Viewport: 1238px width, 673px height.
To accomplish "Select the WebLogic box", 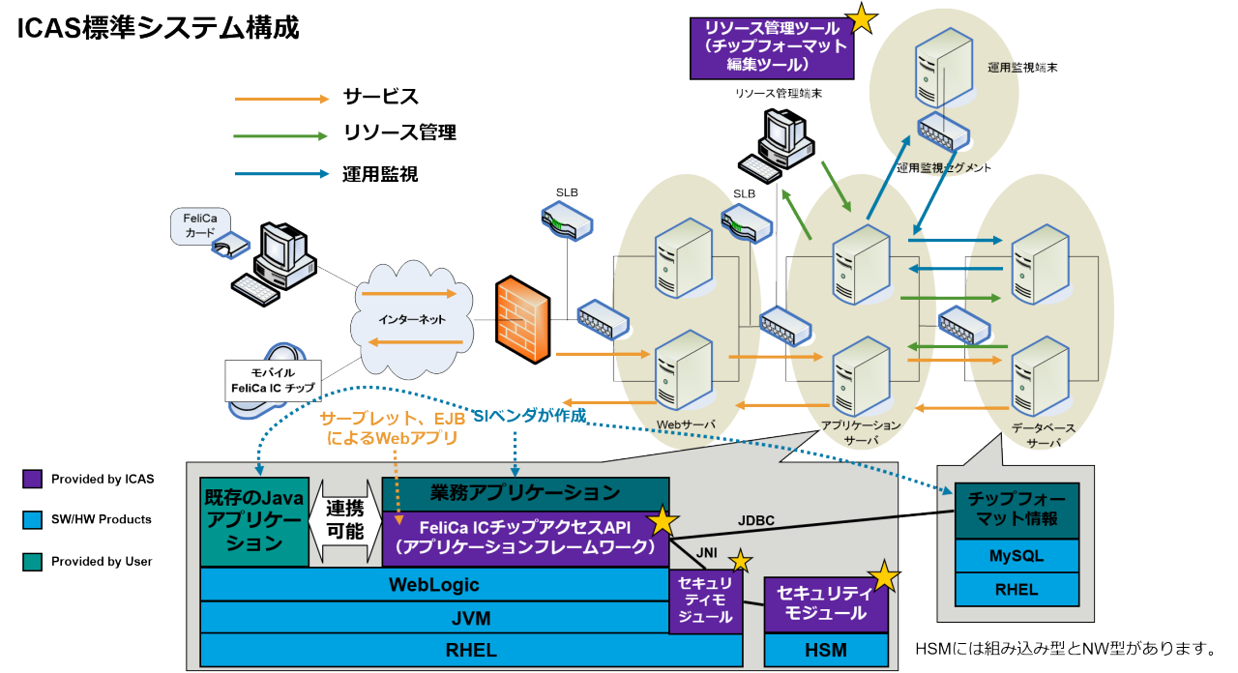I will [x=433, y=585].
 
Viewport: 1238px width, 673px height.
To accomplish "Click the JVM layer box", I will [x=433, y=618].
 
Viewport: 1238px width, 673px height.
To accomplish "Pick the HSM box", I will [x=825, y=651].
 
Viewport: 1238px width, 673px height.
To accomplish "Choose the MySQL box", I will [x=1016, y=557].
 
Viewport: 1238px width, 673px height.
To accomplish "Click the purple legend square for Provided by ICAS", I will [x=32, y=479].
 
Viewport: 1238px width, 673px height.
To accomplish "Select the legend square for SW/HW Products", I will [x=32, y=520].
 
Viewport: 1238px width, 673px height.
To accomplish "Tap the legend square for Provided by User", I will [x=32, y=561].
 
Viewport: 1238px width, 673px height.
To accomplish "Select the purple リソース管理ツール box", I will [x=771, y=47].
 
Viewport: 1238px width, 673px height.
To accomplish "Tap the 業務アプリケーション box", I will [x=525, y=493].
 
